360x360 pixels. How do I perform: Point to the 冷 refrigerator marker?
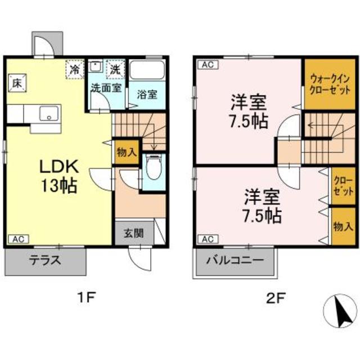coord(75,70)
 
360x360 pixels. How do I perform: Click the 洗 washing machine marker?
coord(115,70)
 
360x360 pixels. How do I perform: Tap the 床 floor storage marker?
coord(17,83)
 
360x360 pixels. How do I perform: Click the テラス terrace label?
coord(46,261)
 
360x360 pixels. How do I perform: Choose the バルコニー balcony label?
coord(235,261)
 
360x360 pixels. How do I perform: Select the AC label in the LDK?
coord(17,238)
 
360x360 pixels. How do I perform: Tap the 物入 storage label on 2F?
coord(343,226)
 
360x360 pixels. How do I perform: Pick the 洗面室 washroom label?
coord(106,88)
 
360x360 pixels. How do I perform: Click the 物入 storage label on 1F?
coord(126,152)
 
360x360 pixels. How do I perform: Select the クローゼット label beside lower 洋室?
coord(343,186)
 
